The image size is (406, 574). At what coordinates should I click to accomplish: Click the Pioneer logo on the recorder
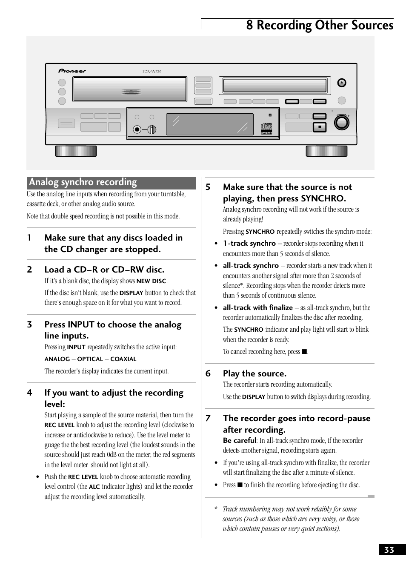coord(72,71)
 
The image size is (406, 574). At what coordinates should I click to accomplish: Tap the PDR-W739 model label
coord(152,72)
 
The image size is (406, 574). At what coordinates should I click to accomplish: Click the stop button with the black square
coord(319,127)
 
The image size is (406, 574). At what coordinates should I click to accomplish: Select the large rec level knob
coord(341,123)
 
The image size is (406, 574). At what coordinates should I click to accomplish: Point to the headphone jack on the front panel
coord(137,130)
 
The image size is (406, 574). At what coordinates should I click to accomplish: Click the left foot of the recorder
coord(76,151)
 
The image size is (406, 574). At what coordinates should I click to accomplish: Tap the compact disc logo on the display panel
coord(266,128)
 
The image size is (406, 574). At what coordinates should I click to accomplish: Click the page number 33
coord(389,550)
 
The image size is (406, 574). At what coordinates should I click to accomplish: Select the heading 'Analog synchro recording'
coord(83,182)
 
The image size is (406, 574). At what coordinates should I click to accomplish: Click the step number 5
coord(208,187)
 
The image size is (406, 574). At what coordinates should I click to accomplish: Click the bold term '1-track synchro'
coord(249,243)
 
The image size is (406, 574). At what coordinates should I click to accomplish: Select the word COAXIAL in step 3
coord(123,359)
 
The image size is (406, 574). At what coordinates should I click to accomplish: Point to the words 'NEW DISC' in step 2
coord(151,281)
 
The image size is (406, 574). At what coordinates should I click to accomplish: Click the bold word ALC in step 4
coord(94,487)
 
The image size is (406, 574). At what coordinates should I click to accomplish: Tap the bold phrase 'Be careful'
coord(239,440)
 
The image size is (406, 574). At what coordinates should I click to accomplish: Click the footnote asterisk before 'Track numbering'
coord(216,509)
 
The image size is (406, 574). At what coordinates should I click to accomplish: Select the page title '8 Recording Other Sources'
coord(320,26)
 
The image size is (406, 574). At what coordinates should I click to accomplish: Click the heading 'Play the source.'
coord(254,373)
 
